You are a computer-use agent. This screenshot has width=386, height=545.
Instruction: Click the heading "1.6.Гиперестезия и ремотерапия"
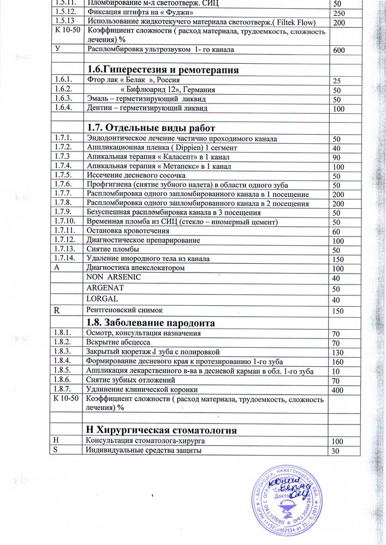click(163, 69)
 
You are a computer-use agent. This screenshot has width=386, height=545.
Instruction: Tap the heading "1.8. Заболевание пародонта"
click(151, 323)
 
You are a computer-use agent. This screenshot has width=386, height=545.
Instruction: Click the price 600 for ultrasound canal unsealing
click(339, 51)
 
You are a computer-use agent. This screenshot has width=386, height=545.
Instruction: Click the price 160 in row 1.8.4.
click(339, 362)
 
